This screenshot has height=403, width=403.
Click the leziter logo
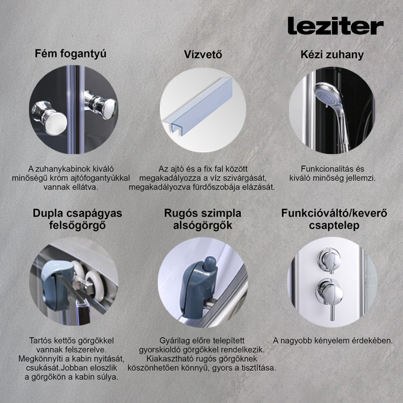click(x=335, y=26)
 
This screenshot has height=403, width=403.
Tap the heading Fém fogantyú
click(x=70, y=54)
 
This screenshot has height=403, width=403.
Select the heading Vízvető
click(x=203, y=55)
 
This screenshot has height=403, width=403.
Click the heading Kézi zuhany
click(x=332, y=55)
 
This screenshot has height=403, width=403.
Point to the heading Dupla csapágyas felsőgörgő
click(x=77, y=219)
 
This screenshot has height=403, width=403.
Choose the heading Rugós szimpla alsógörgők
click(x=203, y=219)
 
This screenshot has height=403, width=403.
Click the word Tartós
click(x=42, y=340)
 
